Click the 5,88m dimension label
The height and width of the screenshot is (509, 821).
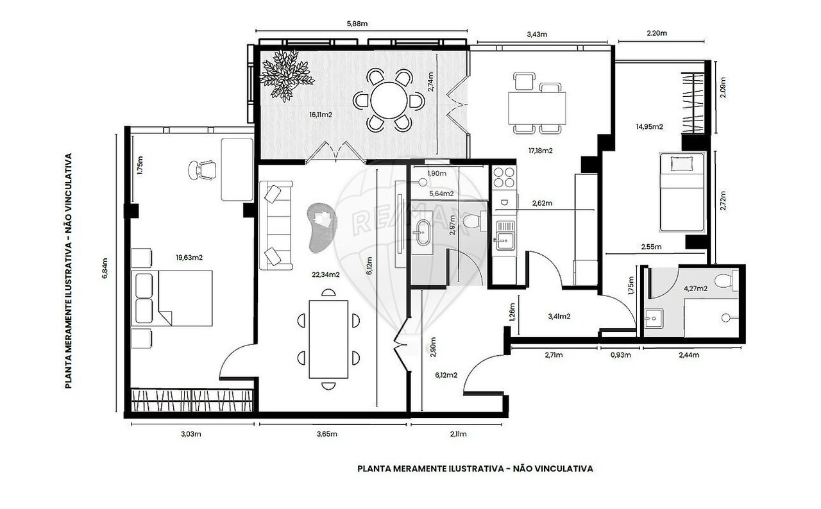pos(357,24)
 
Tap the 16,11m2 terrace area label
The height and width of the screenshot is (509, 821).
pos(321,115)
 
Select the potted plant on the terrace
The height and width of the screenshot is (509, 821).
pos(286,76)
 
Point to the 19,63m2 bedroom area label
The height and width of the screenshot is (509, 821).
pos(189,258)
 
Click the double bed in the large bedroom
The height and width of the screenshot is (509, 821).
pos(172,298)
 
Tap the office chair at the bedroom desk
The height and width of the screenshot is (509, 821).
pos(202,171)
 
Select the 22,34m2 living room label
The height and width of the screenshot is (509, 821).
pos(325,274)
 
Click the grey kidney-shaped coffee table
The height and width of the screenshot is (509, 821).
pos(323,228)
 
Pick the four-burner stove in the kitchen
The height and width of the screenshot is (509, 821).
pos(504,177)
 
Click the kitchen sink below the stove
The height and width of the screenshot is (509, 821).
pos(505,235)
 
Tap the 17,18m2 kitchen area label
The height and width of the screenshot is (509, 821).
pos(541,151)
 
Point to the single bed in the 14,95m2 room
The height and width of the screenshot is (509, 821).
pos(682,192)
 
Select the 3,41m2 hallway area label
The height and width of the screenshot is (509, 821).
pos(559,317)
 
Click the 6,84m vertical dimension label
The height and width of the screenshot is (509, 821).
pos(105,269)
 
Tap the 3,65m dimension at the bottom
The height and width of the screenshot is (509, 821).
pos(327,434)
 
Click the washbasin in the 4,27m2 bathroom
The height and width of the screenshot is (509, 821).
pos(654,319)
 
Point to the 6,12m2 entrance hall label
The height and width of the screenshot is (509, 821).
pos(446,376)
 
